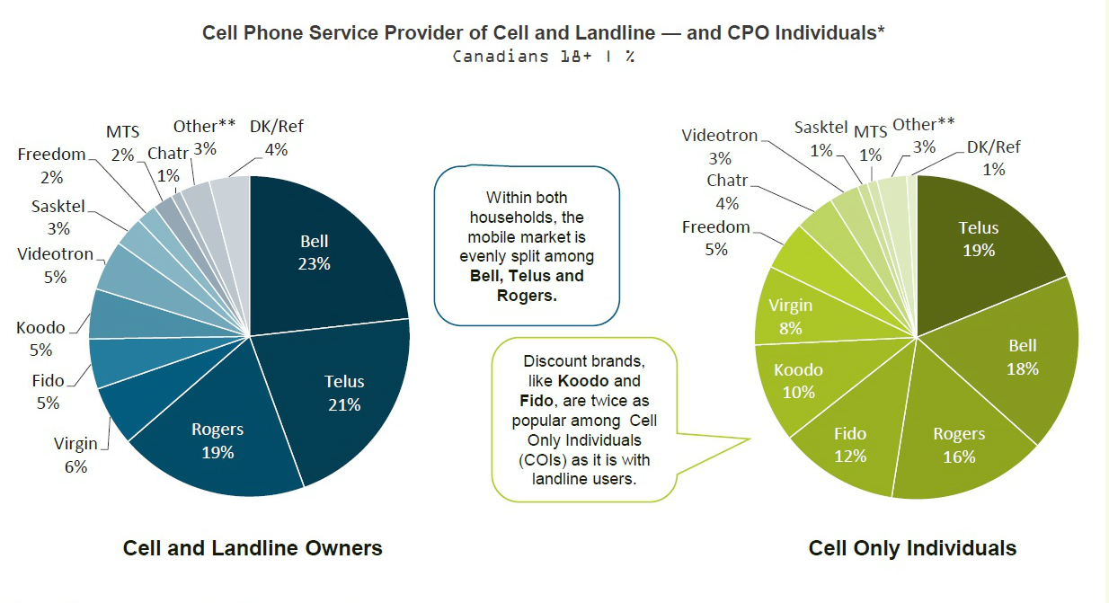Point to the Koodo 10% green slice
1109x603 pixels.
(x=797, y=381)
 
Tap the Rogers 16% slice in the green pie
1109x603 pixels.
(x=958, y=446)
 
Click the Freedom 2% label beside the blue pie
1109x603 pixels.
(x=51, y=165)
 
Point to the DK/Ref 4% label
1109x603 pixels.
(x=276, y=137)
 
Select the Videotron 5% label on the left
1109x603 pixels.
(x=55, y=265)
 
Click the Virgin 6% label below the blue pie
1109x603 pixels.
(x=75, y=455)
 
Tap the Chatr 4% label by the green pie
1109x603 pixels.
(x=727, y=191)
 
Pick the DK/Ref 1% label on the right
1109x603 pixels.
(x=994, y=158)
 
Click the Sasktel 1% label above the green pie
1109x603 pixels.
(x=821, y=138)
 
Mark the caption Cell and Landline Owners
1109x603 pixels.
(x=253, y=548)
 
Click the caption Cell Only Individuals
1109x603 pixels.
(x=912, y=548)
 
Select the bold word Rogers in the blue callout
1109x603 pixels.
(x=527, y=296)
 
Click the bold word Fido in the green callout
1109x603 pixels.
(x=537, y=400)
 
